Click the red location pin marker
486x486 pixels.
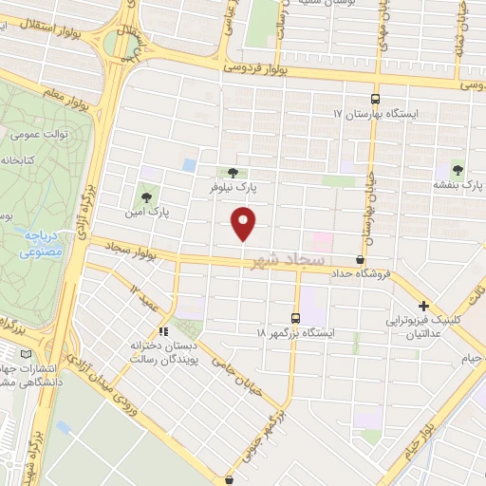point(245,224)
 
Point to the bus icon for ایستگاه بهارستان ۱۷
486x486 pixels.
point(376,99)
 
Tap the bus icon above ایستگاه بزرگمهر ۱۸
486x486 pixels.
point(296,318)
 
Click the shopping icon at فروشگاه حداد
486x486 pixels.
point(360,260)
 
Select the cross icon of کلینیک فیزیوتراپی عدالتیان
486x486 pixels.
point(423,307)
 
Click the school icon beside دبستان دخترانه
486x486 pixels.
point(162,332)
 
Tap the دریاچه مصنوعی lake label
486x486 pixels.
point(41,243)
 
